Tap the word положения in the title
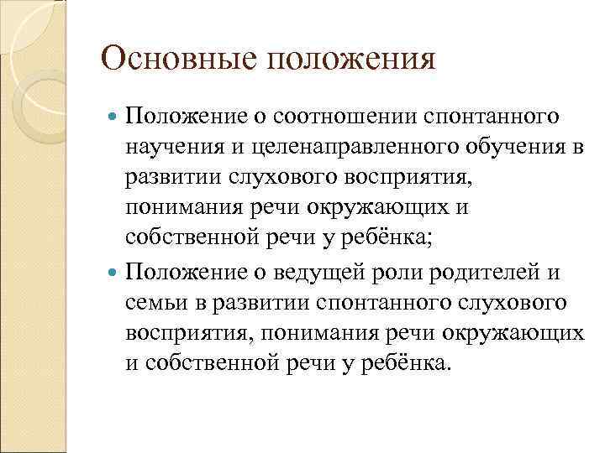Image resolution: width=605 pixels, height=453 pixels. click(x=338, y=61)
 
